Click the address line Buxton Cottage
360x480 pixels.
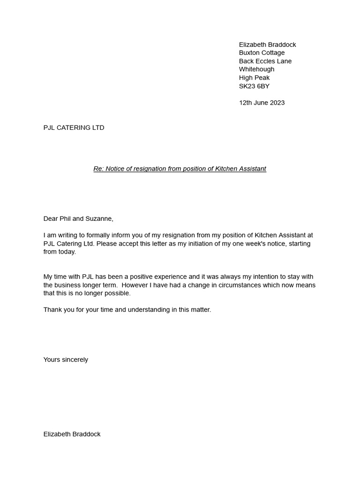click(262, 52)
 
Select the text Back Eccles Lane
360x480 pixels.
click(265, 61)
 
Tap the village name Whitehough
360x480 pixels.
click(256, 69)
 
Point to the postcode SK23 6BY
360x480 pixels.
click(254, 86)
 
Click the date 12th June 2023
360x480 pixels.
click(262, 103)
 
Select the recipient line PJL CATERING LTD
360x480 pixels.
click(74, 127)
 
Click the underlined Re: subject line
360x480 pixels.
click(180, 169)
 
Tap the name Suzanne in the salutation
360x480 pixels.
click(99, 218)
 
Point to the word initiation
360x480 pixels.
click(191, 244)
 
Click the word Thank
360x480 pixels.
click(52, 310)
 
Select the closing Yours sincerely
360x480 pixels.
click(66, 360)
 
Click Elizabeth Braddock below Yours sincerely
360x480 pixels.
click(72, 434)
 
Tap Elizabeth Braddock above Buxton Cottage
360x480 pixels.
click(267, 45)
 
